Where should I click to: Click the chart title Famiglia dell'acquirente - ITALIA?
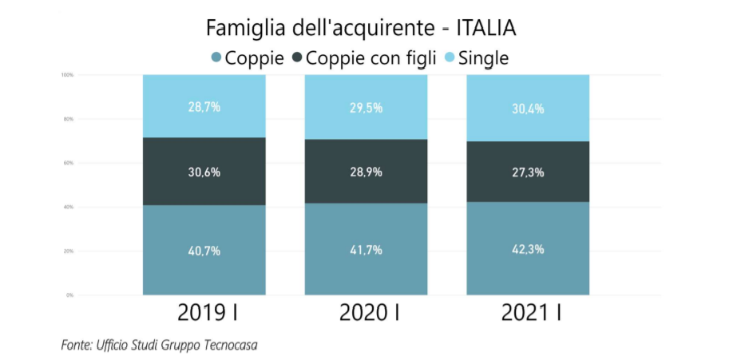pos(361,28)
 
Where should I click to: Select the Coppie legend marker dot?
pos(216,57)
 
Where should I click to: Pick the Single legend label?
pos(484,57)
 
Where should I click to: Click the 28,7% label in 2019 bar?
pos(204,106)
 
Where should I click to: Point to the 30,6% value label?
pos(204,172)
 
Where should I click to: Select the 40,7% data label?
pos(204,250)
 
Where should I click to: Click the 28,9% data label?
pos(366,172)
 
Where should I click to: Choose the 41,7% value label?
pos(366,249)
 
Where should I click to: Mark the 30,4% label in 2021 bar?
pos(528,109)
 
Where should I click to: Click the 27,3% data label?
pos(528,172)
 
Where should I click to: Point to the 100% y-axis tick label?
pos(67,75)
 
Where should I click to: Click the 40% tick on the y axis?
pos(68,207)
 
